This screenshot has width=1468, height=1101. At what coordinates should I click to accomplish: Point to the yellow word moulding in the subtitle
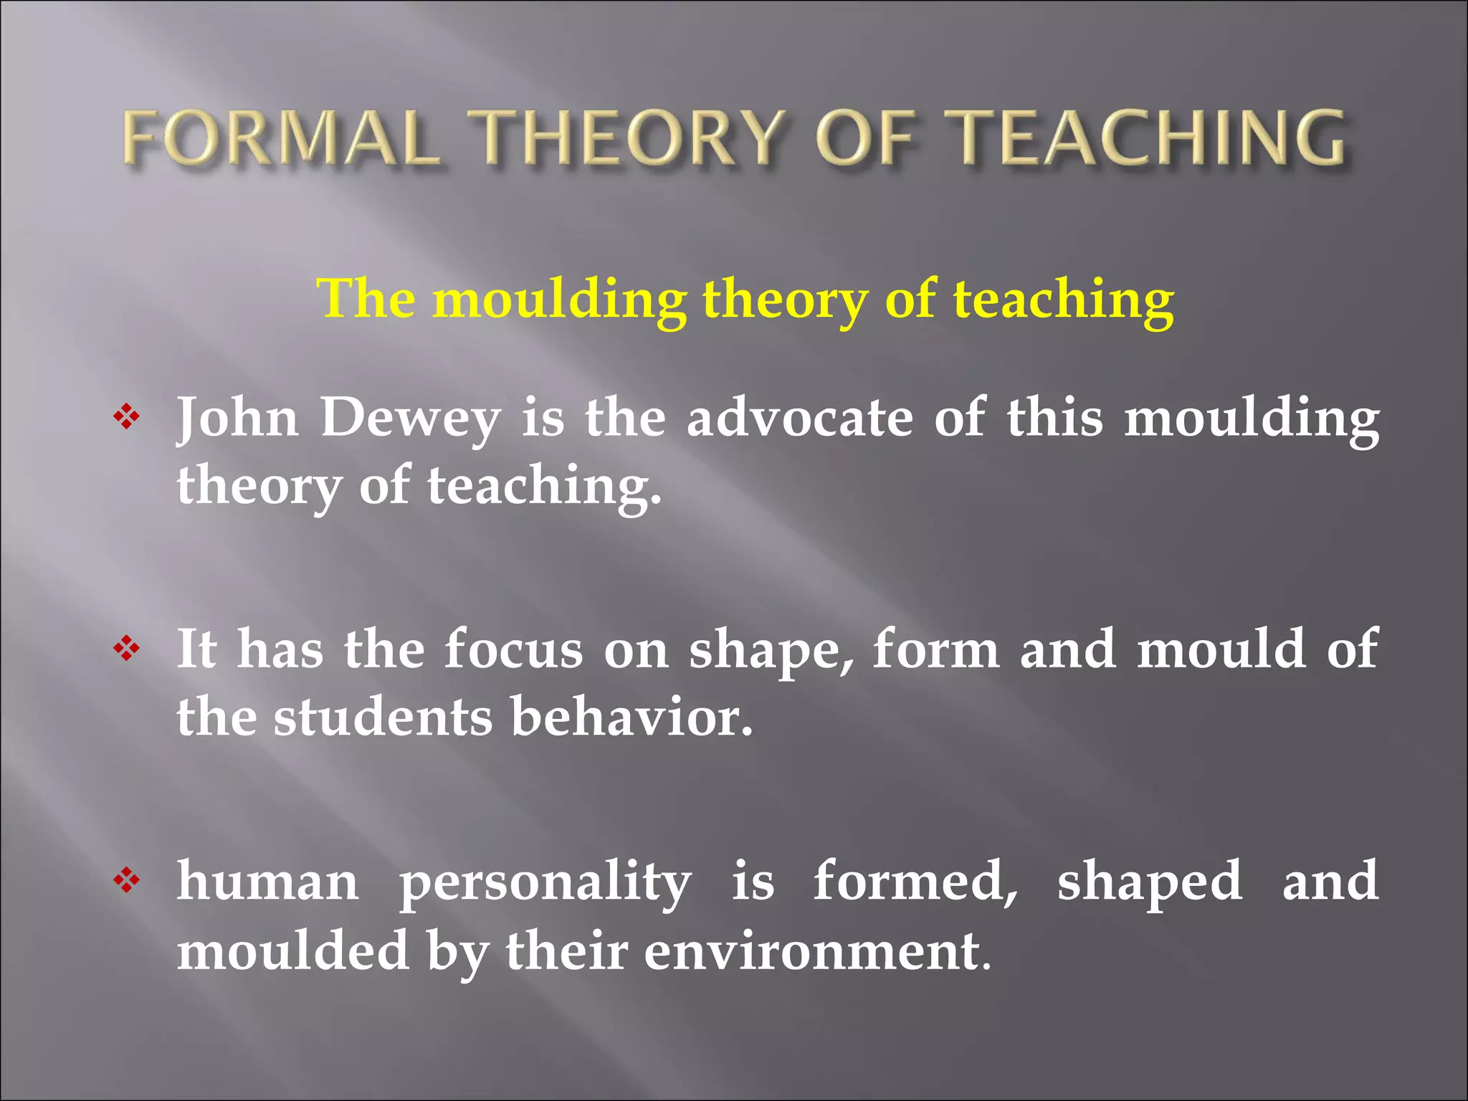(559, 299)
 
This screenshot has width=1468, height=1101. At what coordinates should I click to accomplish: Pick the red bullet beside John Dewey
(126, 417)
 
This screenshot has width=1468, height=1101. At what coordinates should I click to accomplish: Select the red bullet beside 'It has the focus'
(126, 649)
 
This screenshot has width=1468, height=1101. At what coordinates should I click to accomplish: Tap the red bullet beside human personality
(126, 880)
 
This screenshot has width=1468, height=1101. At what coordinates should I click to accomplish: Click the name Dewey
(409, 419)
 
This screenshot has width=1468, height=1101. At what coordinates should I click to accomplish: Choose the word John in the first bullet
(237, 419)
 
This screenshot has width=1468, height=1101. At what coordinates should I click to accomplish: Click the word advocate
(799, 419)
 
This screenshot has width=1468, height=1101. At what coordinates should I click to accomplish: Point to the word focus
(513, 649)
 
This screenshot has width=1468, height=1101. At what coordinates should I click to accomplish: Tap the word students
(383, 718)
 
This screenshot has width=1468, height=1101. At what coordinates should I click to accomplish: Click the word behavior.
(631, 718)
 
